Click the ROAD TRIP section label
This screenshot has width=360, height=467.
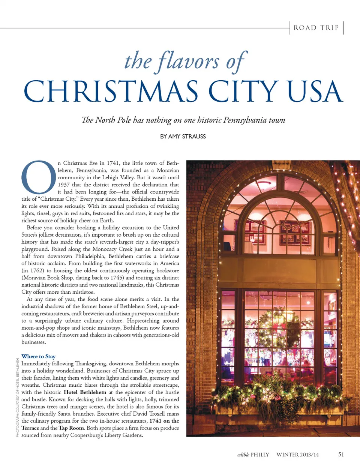coord(316,28)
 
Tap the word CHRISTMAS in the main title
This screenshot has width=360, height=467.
coord(111,92)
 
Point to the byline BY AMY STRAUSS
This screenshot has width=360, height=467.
coord(183,137)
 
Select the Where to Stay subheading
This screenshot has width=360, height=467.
coord(39,356)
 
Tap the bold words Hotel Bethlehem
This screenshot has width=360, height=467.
coord(85,392)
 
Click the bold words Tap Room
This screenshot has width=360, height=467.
coord(71,428)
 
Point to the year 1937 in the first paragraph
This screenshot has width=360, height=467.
coord(64,185)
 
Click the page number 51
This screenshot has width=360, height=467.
coord(341,455)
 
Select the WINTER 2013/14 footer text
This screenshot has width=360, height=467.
coord(297,455)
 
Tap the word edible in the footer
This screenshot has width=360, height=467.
coord(243,455)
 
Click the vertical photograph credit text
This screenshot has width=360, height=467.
coord(18,398)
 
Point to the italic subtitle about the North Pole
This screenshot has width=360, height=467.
coord(183,120)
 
